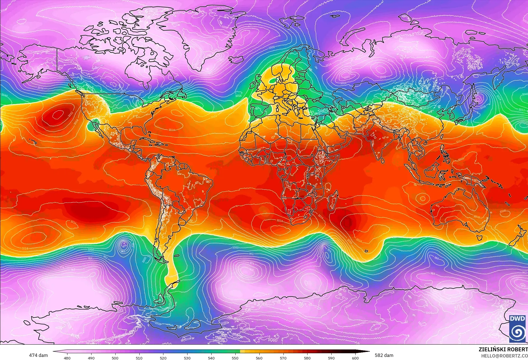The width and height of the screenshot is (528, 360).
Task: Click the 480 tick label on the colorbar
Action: (x=67, y=358)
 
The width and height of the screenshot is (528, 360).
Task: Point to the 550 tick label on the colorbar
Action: (x=235, y=358)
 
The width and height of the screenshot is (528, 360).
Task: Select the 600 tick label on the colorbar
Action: (x=355, y=358)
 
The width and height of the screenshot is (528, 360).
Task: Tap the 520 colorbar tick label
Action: (x=163, y=358)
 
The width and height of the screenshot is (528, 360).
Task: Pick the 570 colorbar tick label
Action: (x=283, y=358)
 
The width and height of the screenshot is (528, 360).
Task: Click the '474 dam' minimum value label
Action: (x=38, y=355)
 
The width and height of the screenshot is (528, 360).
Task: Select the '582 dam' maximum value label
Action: (x=384, y=355)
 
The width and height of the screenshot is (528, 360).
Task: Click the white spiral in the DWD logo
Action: (x=517, y=332)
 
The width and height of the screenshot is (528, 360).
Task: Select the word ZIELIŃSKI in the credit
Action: (x=492, y=349)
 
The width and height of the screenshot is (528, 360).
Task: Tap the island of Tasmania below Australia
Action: (x=479, y=238)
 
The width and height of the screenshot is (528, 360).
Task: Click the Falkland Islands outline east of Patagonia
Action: (x=177, y=255)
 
